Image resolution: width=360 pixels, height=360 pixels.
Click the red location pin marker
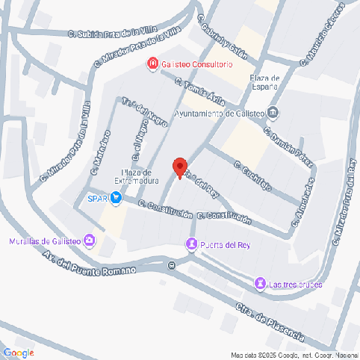pos(179,167)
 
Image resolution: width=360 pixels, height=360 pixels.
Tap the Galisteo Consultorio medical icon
pos(152,65)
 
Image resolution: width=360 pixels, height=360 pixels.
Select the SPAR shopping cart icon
pos(117,198)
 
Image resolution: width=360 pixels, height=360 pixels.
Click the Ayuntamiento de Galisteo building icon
pos(273,114)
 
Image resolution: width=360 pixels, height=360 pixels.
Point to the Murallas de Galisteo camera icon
pos(90,240)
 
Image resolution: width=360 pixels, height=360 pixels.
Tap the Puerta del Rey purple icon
pos(193,244)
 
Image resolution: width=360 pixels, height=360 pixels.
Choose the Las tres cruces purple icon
pos(260,284)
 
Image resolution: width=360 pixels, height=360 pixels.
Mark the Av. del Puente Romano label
pos(89,264)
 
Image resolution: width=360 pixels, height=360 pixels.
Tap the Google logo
pos(19,353)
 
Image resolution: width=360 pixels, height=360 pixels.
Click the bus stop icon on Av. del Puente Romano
pos(173,265)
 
